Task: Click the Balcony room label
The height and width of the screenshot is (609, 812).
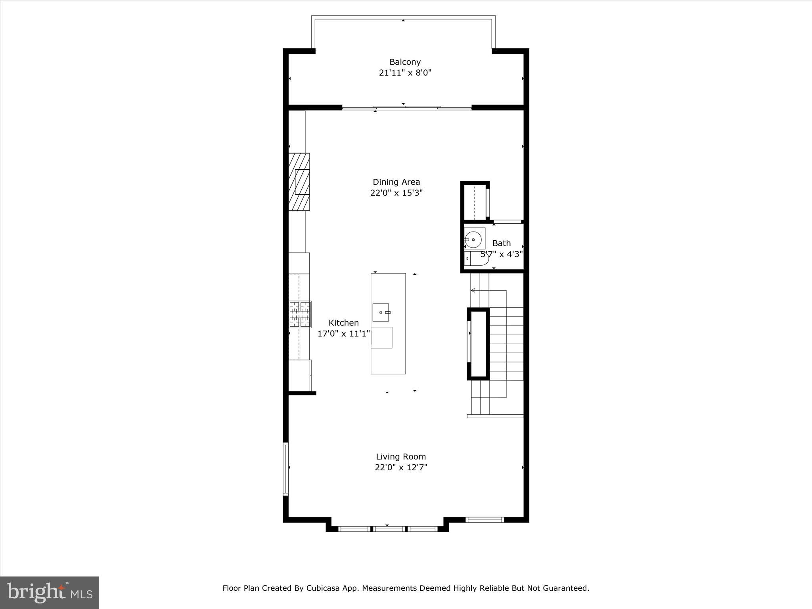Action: (x=405, y=62)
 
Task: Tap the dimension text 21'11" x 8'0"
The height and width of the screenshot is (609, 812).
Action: (x=405, y=73)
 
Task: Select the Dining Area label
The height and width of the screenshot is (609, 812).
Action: (x=396, y=182)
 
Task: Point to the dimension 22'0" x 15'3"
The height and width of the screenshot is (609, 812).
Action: (x=396, y=193)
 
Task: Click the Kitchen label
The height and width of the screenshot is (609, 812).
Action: (x=343, y=323)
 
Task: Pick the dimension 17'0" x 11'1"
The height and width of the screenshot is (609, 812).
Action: (x=343, y=334)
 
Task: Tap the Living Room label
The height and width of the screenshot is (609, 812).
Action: (x=401, y=456)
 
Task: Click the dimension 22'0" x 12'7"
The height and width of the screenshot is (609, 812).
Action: (x=401, y=467)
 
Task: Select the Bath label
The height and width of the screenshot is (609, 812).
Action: (x=501, y=243)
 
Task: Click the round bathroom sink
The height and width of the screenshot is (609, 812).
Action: (x=473, y=239)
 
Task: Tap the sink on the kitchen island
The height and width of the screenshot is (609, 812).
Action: (x=381, y=312)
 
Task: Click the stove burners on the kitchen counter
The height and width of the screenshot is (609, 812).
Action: (x=300, y=314)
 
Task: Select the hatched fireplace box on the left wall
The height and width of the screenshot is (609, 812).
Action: (x=299, y=182)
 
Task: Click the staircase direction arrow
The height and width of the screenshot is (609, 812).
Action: (x=473, y=291)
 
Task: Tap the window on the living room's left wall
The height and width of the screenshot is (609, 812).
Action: (x=285, y=469)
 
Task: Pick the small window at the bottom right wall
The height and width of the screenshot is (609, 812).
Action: (x=484, y=520)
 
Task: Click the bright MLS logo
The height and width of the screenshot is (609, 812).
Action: (x=49, y=592)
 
